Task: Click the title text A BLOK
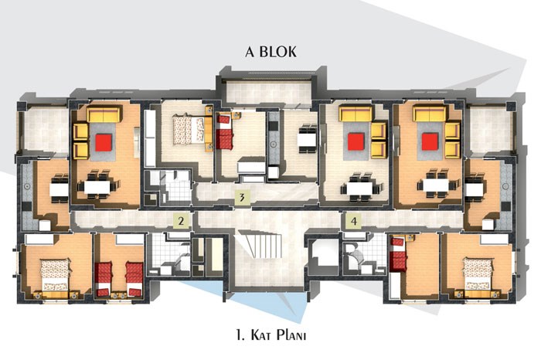click(x=270, y=52)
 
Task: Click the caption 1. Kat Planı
click(x=271, y=335)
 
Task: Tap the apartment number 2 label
click(x=181, y=221)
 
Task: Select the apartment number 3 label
click(x=242, y=198)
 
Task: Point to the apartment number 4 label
click(x=354, y=221)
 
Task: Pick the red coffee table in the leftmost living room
click(x=104, y=142)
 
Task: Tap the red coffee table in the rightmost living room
click(x=430, y=142)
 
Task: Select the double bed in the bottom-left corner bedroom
click(x=55, y=275)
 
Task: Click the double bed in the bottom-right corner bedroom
click(x=478, y=274)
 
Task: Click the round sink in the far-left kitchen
click(x=27, y=186)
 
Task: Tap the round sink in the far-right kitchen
click(x=505, y=186)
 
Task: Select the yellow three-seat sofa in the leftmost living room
click(x=104, y=114)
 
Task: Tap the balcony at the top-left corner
click(x=45, y=129)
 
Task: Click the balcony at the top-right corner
click(x=489, y=129)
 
